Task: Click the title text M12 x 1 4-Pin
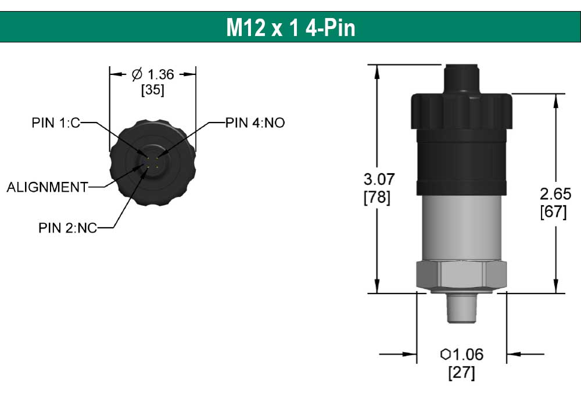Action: tap(290, 27)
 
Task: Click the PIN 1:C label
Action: tap(56, 123)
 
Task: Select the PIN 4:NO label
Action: tap(255, 123)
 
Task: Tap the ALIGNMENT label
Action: tap(47, 187)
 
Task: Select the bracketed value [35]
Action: tap(152, 91)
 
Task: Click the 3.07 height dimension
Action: tap(376, 180)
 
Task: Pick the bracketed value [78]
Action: tap(376, 198)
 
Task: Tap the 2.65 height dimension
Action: tap(555, 194)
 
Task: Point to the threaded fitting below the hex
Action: tap(461, 308)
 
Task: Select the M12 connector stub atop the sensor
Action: tap(462, 78)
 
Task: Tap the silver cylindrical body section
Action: tap(462, 227)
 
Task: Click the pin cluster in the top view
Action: tap(153, 162)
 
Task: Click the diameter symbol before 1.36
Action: tap(137, 74)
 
